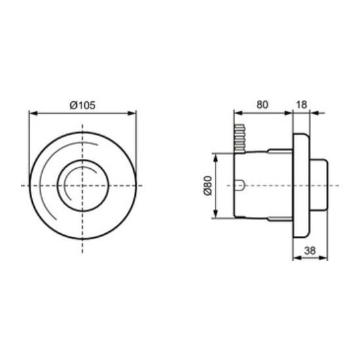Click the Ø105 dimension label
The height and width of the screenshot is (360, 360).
pyautogui.click(x=82, y=105)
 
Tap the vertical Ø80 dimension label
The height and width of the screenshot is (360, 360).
pyautogui.click(x=208, y=185)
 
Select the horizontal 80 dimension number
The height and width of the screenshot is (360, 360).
pyautogui.click(x=262, y=104)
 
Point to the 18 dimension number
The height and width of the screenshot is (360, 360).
pyautogui.click(x=302, y=104)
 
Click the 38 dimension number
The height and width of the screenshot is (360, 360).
pyautogui.click(x=309, y=250)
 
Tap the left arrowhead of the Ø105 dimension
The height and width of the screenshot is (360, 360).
pyautogui.click(x=34, y=113)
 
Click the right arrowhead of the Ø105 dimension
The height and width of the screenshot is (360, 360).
pyautogui.click(x=131, y=113)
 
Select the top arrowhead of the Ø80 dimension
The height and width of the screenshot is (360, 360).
pyautogui.click(x=215, y=158)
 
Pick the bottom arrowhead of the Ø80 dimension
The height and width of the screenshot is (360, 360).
pyautogui.click(x=215, y=214)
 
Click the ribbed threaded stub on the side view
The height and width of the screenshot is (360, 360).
pyautogui.click(x=240, y=139)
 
